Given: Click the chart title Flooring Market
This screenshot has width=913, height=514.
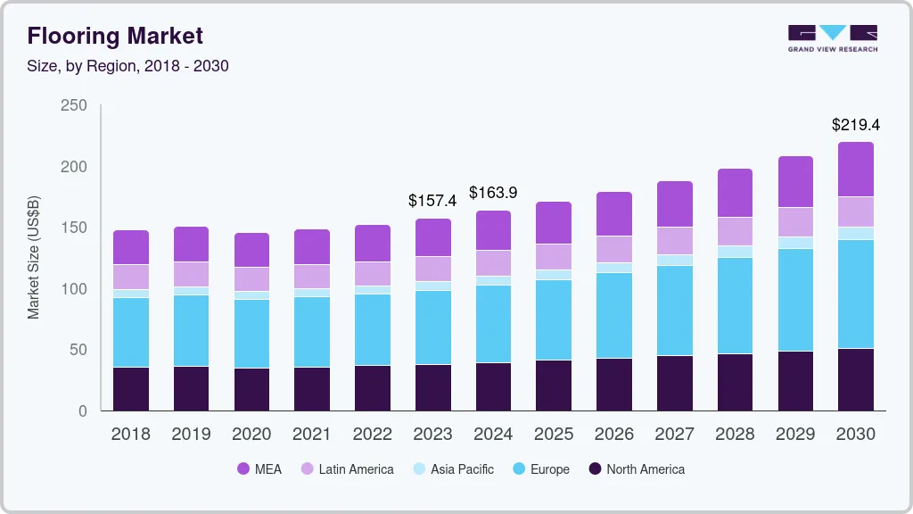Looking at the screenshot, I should pyautogui.click(x=115, y=36).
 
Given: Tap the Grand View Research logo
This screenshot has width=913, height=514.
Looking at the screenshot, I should pyautogui.click(x=832, y=38).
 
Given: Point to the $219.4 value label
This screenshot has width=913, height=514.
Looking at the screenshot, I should pyautogui.click(x=855, y=124).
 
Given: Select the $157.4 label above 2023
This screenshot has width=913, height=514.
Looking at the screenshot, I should pyautogui.click(x=432, y=201).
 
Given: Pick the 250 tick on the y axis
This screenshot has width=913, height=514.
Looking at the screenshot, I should pyautogui.click(x=74, y=105).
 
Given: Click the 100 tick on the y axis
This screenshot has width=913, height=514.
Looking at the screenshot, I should pyautogui.click(x=74, y=289).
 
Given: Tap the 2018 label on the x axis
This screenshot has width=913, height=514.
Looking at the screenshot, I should pyautogui.click(x=130, y=435).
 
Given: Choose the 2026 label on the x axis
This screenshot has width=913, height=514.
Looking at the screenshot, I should pyautogui.click(x=613, y=435).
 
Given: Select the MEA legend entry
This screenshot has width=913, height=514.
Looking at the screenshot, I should pyautogui.click(x=259, y=469).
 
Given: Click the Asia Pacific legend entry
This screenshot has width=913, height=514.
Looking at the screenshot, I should pyautogui.click(x=452, y=469).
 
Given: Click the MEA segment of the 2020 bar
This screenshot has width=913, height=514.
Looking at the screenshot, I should pyautogui.click(x=251, y=250).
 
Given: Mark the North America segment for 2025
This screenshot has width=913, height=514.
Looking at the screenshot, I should pyautogui.click(x=554, y=385).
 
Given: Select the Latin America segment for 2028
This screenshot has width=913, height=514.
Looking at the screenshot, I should pyautogui.click(x=735, y=231).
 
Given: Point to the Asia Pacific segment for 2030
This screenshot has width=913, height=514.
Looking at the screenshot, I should pyautogui.click(x=856, y=233).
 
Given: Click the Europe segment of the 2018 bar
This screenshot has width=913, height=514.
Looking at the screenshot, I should pyautogui.click(x=131, y=332).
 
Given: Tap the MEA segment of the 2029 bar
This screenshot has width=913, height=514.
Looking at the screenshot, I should pyautogui.click(x=795, y=182).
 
